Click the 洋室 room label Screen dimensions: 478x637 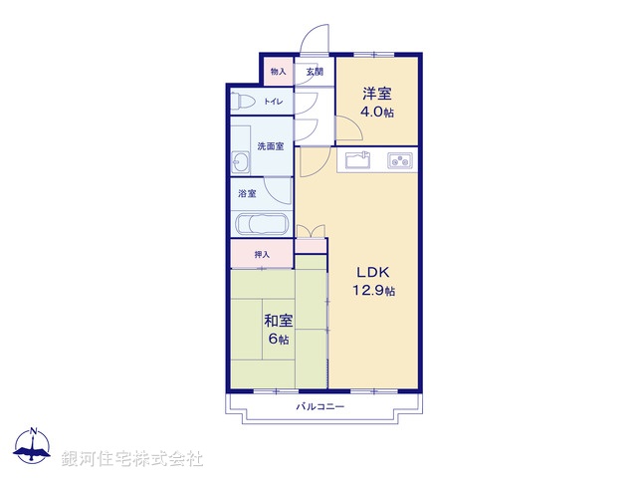coord(377,94)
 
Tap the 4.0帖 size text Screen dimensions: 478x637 coord(377,113)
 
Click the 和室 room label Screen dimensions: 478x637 coord(278,321)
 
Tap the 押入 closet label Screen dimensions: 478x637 coord(262,255)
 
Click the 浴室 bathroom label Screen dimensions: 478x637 coord(247,193)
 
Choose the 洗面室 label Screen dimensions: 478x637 coord(271,146)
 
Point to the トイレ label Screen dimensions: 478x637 coord(273,102)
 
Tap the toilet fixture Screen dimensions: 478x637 coord(239,102)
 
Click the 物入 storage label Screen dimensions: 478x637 coord(279,72)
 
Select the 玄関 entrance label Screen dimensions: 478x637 coord(315,72)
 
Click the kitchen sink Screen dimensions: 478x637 coord(358,159)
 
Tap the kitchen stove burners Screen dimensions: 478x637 coord(400,159)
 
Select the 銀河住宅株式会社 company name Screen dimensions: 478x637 coord(132,459)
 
